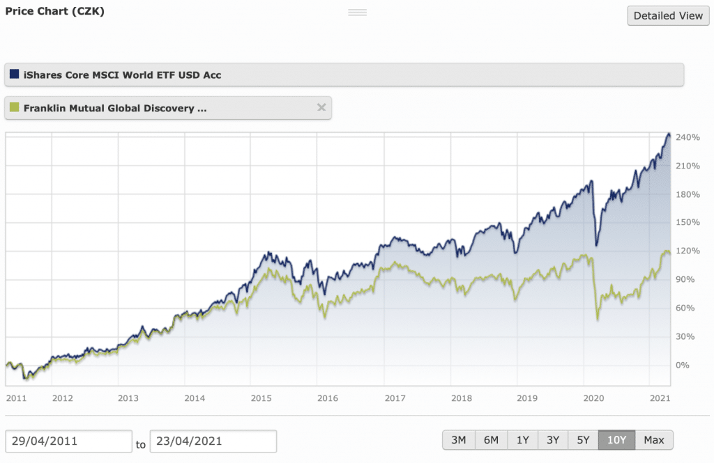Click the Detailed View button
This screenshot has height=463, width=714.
[x=668, y=15]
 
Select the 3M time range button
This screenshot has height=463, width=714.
[x=458, y=440]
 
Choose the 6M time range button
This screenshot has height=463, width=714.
[x=491, y=440]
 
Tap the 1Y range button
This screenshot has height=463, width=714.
[x=522, y=440]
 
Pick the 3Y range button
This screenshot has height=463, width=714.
[x=553, y=440]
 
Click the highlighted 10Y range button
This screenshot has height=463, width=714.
[x=616, y=440]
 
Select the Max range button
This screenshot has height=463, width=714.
[x=654, y=440]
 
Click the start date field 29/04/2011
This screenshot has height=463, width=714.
[x=68, y=441]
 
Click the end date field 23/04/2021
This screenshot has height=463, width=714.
[x=213, y=441]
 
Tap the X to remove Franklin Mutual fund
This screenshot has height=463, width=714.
[x=321, y=107]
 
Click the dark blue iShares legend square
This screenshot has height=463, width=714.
[x=15, y=74]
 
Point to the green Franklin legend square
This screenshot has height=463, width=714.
[x=15, y=108]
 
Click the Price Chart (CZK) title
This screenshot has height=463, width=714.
[x=54, y=11]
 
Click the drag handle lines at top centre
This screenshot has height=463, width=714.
[x=357, y=13]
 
